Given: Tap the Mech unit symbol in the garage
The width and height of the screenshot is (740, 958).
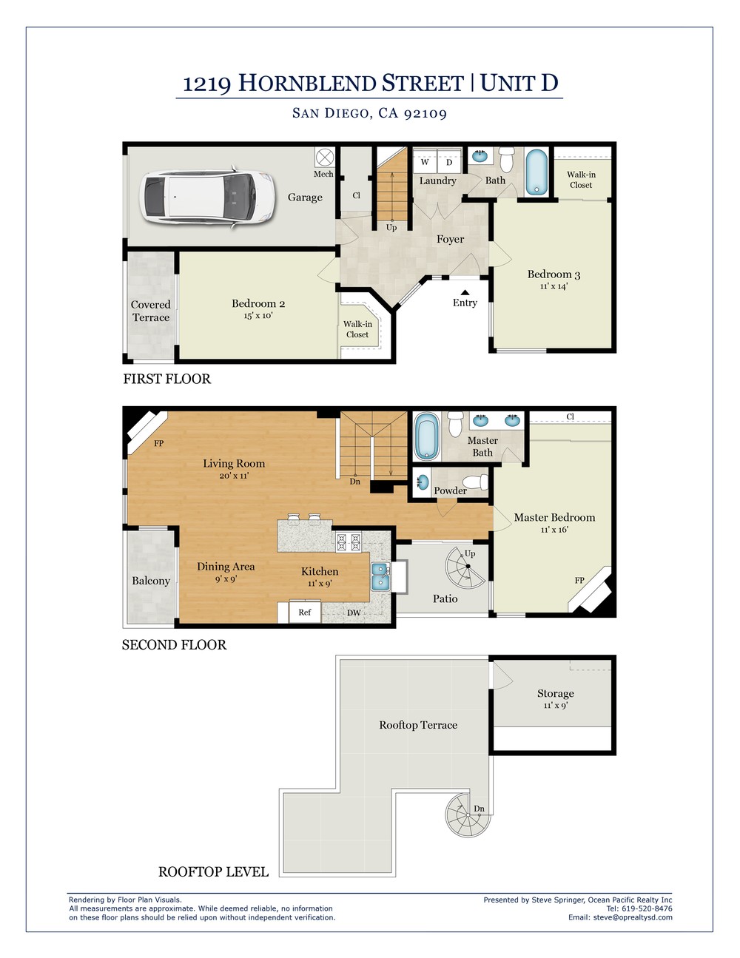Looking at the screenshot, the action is [x=325, y=157].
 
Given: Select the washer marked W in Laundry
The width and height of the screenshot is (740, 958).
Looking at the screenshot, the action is [x=425, y=161].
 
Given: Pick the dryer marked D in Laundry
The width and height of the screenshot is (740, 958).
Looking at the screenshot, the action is [x=449, y=161].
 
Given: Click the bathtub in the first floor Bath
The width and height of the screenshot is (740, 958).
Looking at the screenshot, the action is [x=536, y=172].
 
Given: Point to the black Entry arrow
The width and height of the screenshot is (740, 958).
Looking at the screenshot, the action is [x=465, y=292].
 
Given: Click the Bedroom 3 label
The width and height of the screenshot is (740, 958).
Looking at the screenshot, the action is [x=554, y=274].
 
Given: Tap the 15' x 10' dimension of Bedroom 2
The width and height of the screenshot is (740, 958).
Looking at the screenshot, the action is [x=258, y=315].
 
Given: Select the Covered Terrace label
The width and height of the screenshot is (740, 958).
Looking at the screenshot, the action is [x=151, y=311].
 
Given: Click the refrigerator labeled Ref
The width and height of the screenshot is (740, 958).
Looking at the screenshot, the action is [x=305, y=612].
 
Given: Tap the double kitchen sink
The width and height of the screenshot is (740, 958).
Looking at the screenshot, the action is [x=380, y=576].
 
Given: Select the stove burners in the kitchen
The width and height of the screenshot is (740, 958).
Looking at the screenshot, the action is [x=349, y=542].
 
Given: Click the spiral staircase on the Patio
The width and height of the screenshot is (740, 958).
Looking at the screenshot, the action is [x=465, y=568].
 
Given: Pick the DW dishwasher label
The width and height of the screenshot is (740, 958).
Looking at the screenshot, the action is [x=354, y=613].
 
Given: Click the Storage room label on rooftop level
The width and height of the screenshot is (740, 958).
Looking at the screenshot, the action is [x=555, y=693].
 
